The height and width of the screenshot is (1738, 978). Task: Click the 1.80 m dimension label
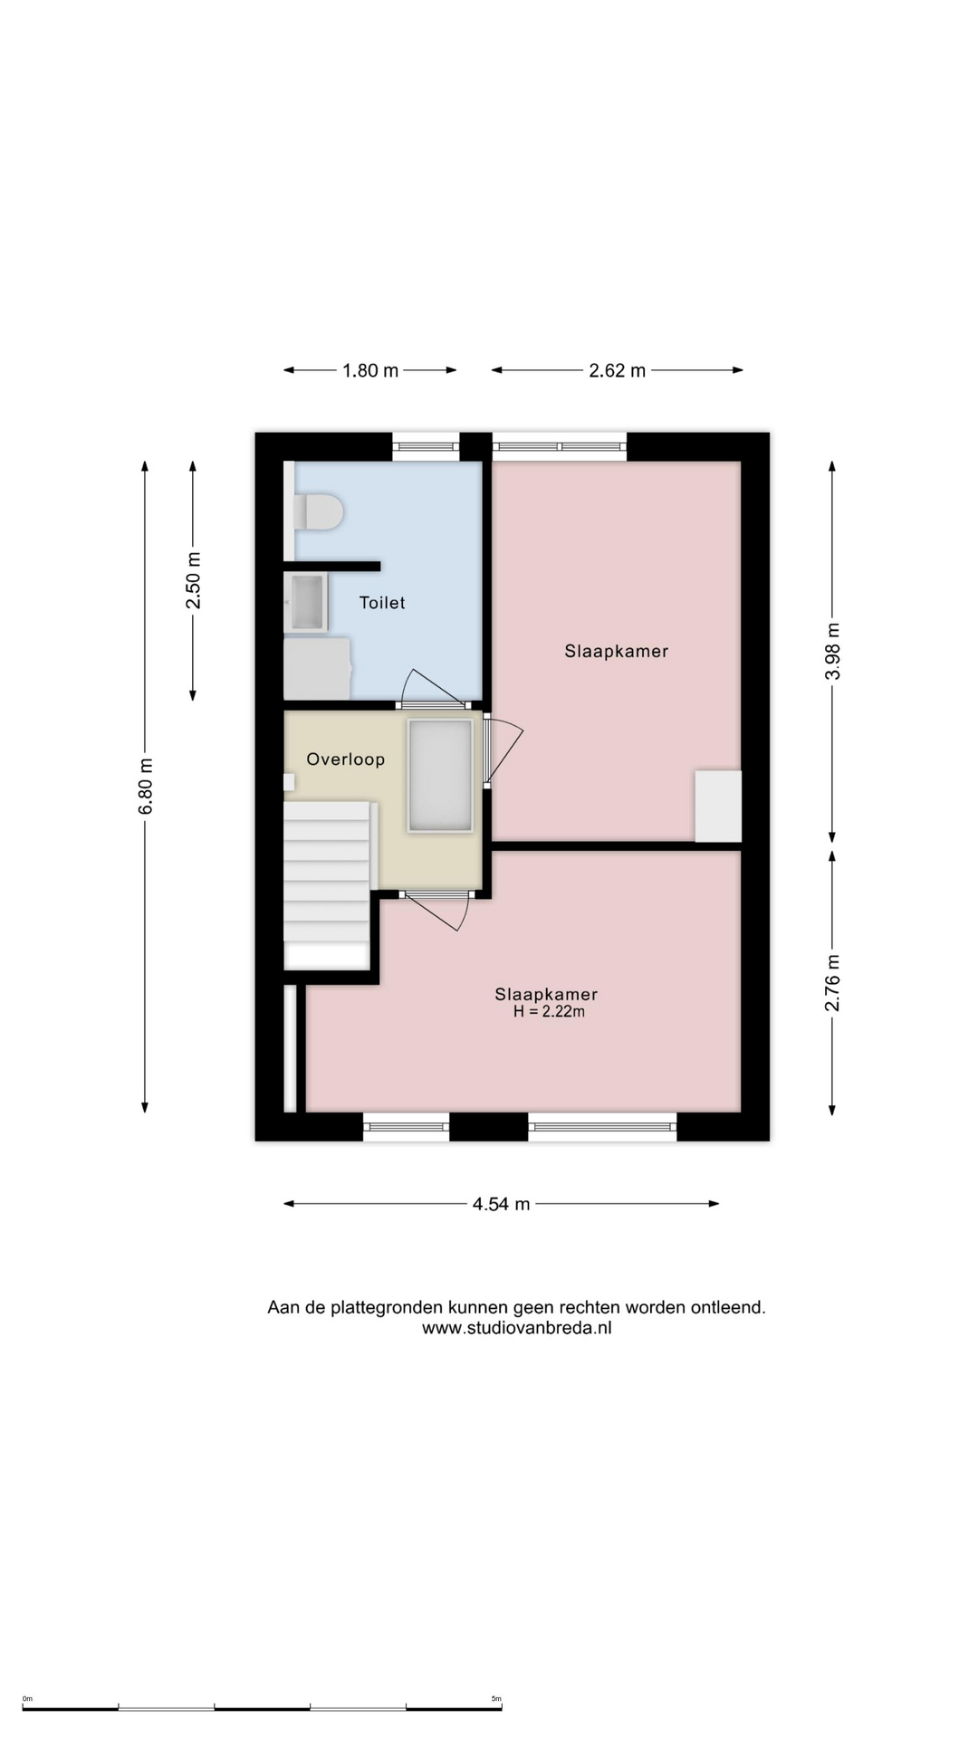coord(370,370)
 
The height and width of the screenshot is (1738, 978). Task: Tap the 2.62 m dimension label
coord(618,370)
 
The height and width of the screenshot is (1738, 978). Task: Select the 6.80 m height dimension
coord(146,787)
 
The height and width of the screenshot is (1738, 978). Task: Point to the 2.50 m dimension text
coord(193,580)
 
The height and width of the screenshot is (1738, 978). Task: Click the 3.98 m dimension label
coord(833,651)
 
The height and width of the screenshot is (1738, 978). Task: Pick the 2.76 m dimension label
coord(833,983)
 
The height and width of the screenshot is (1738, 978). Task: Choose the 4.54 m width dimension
coord(501,1204)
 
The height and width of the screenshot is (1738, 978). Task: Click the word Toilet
coord(382,603)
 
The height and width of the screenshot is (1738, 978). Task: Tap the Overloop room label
coord(346,759)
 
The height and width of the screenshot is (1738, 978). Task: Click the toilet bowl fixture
coord(317,511)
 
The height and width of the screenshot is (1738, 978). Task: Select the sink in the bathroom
coord(306,602)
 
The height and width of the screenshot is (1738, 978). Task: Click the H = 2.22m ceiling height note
coord(549,1012)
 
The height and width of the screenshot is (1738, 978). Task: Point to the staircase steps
coord(327,873)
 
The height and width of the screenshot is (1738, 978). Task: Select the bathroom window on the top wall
coord(426,446)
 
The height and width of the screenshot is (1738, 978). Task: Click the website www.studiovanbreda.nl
coord(517,1329)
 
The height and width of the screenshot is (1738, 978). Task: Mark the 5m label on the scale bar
coord(496,1699)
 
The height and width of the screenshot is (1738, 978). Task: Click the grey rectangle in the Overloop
coord(441,775)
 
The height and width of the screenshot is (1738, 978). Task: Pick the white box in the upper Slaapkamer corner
coord(718,806)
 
